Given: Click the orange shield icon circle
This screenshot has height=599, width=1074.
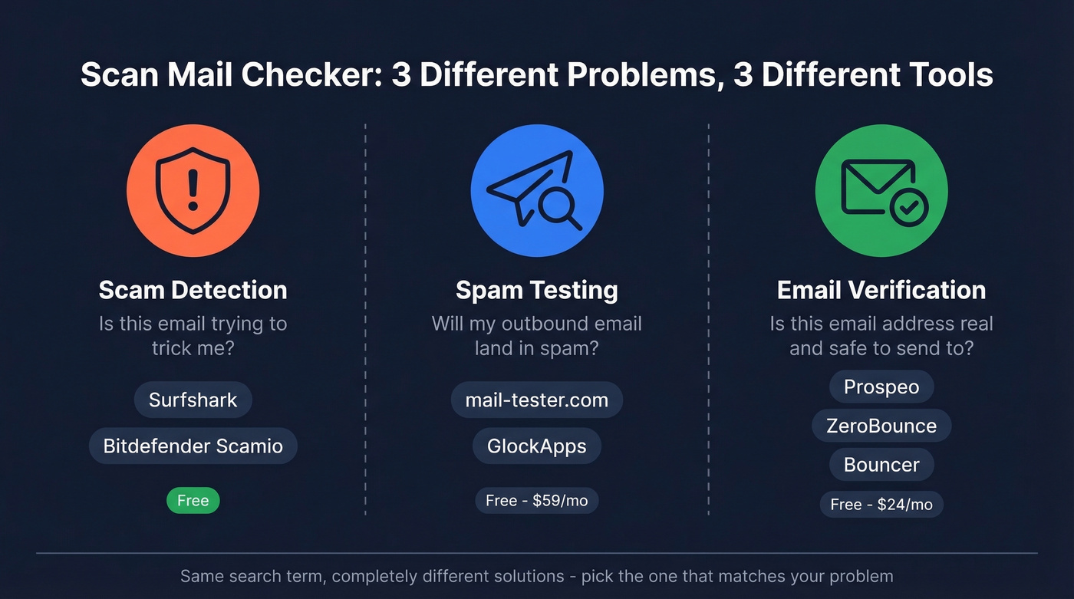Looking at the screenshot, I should (193, 191).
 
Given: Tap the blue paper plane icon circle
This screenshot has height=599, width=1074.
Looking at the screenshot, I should (536, 191).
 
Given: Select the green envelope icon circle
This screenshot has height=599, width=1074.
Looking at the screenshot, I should (881, 191).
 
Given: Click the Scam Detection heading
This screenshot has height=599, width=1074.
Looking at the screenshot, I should (193, 290).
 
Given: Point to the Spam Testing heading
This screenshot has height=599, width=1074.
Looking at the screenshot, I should (536, 290).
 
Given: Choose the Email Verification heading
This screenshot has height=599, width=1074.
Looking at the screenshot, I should (881, 290).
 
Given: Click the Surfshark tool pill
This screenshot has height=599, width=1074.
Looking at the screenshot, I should (193, 400).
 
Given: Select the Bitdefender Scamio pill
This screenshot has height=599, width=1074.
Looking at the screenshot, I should (193, 446).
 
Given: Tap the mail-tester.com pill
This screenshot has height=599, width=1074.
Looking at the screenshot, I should (536, 400).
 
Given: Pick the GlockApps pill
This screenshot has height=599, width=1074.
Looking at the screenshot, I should (536, 446).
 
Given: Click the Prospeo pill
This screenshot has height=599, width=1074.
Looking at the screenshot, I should (881, 387).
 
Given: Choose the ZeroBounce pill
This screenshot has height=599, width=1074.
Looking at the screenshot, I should (881, 426).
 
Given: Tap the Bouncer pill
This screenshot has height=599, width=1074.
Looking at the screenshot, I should (881, 465).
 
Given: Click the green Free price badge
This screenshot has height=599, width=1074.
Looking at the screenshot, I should (193, 501).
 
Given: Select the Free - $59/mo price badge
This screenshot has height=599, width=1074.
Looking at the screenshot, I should (536, 501).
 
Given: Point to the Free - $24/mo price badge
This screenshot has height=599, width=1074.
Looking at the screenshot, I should (881, 504).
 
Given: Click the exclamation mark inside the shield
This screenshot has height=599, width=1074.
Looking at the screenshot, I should (193, 190).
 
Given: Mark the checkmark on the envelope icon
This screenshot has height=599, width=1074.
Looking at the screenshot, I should (910, 206).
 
